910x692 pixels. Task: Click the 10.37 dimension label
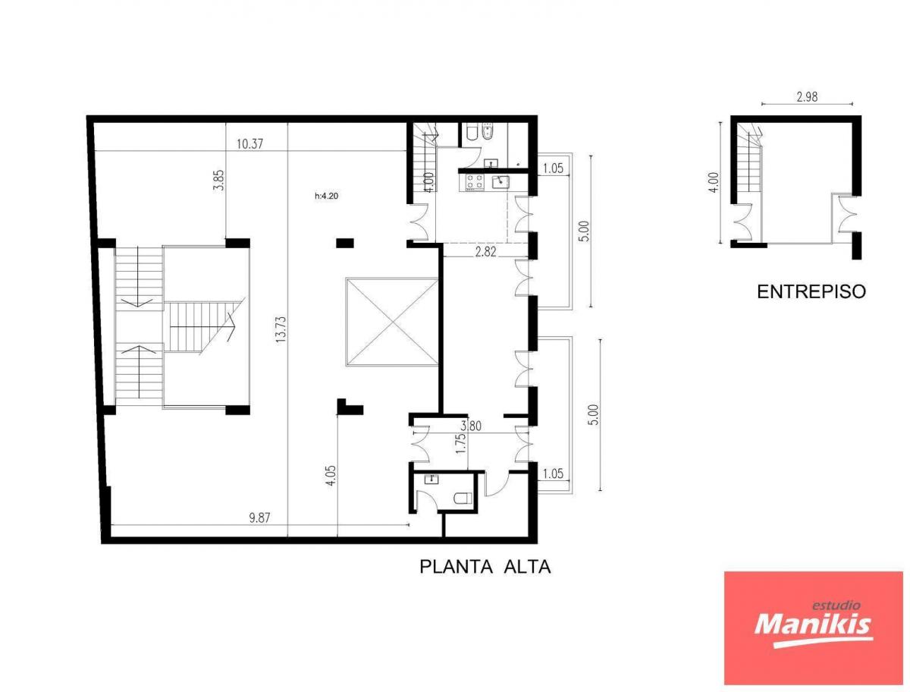point(249,144)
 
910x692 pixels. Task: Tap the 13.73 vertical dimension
point(281,329)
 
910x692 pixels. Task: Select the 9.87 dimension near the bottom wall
point(259,517)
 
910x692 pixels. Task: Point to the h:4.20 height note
point(326,196)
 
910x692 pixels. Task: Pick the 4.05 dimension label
point(331,476)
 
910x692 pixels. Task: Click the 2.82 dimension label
point(485,252)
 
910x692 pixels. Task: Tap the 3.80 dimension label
point(471,426)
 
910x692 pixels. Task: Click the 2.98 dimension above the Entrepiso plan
point(807,97)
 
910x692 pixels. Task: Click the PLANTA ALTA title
point(485,567)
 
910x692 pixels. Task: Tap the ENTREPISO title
point(811,291)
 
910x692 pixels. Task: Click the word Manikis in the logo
point(813,635)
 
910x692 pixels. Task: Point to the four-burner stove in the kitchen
point(475,181)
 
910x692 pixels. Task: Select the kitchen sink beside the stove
point(500,181)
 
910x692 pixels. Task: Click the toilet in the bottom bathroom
point(462,498)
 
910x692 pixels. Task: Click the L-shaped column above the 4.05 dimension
point(350,407)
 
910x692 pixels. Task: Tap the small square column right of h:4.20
point(344,243)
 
